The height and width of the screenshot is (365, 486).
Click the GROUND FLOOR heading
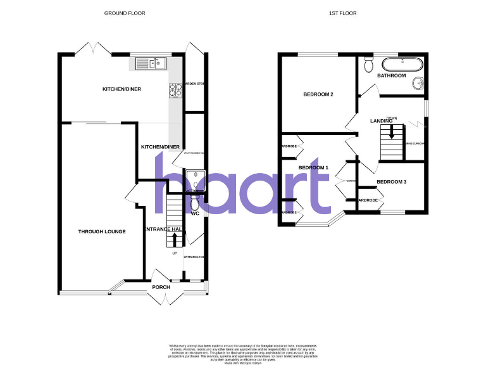pos(121,13)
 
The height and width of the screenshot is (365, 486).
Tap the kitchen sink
pos(151,63)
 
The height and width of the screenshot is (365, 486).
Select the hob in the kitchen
pos(175,91)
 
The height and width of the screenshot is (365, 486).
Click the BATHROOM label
pos(391,76)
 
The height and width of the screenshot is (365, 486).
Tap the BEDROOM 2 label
pos(318,95)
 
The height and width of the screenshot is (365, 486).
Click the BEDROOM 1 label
pos(314,167)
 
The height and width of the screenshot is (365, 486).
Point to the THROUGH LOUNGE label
pos(102,232)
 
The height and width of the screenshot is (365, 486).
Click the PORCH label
pos(161,287)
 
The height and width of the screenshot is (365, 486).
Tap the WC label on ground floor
pos(195,214)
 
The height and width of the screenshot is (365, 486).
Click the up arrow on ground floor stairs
pos(175,240)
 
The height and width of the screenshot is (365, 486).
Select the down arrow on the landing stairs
pos(392,132)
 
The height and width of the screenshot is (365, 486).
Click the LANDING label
pos(381,120)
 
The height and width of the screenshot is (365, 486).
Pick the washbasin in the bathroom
pos(418,83)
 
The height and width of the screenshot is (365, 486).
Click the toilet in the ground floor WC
pos(194,202)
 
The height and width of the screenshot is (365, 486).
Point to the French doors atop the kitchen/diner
pos(94,48)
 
